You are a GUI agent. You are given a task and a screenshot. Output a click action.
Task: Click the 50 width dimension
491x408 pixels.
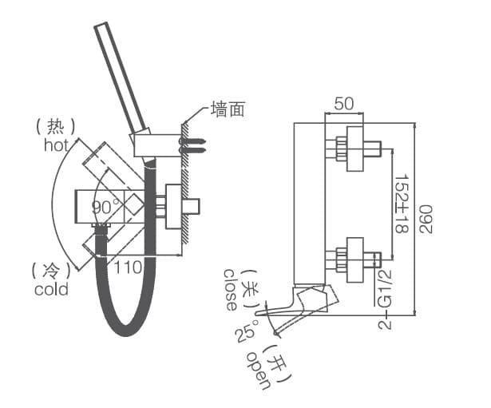point(344,104)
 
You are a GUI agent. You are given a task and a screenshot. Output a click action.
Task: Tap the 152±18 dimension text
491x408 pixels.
point(402,203)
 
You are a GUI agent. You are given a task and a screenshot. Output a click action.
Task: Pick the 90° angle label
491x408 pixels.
point(105,206)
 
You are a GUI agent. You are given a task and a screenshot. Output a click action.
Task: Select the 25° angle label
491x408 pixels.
point(244,335)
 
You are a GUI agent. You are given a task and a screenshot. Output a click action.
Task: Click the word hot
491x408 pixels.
point(56,145)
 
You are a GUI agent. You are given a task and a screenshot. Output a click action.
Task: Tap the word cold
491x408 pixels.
point(51,289)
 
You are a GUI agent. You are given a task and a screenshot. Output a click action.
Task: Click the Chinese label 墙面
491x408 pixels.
point(227,109)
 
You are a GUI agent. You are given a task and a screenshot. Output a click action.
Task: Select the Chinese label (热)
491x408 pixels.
point(55,126)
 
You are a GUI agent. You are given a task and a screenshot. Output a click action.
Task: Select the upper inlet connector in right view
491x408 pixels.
point(355,149)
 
